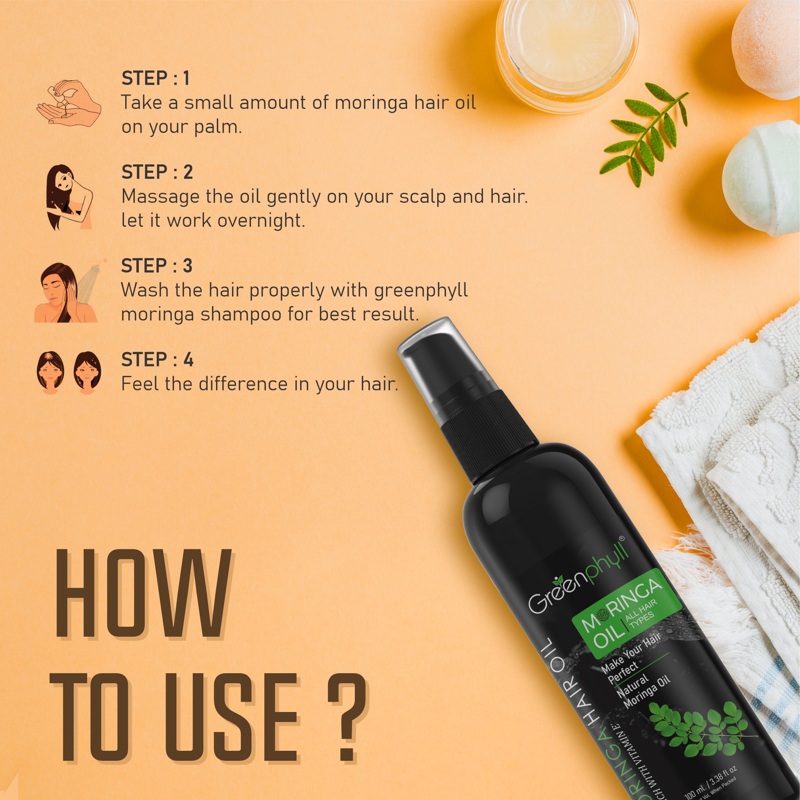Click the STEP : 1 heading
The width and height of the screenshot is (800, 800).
(156, 78)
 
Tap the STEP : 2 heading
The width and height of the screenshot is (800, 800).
(157, 172)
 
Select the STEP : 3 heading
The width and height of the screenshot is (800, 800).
(156, 266)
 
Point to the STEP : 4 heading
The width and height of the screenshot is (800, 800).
(157, 360)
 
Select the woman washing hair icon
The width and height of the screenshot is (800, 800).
(66, 292)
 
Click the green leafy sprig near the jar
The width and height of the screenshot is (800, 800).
(644, 132)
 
